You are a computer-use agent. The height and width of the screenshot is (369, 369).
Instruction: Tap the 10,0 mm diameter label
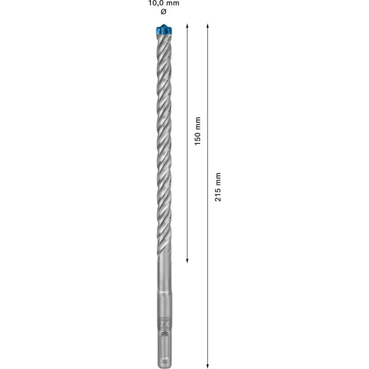[x=163, y=3]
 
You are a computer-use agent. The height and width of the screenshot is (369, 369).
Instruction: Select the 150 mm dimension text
[x=197, y=131]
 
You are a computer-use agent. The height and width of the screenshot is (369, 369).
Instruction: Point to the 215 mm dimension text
[x=218, y=187]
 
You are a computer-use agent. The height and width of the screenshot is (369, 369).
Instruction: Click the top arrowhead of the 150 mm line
[x=187, y=25]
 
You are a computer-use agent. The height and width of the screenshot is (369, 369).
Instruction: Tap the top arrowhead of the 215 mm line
[x=208, y=25]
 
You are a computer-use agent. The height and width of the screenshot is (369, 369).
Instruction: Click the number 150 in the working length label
[x=197, y=138]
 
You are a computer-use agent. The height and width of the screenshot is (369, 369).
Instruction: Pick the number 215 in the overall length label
[x=218, y=194]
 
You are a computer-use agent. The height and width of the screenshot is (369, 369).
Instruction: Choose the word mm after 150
[x=197, y=123]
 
